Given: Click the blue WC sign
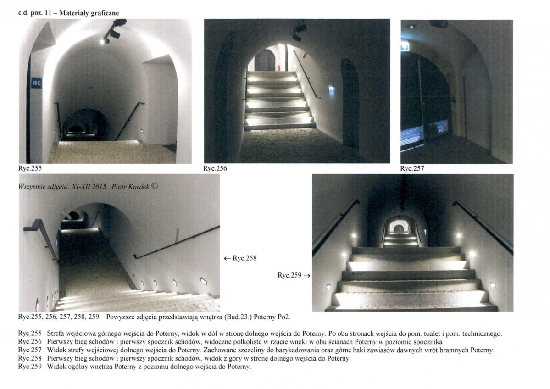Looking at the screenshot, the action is pos(37,83).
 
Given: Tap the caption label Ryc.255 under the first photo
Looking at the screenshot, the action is pos(30,168).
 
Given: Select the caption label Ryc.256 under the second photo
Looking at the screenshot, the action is pos(215,168).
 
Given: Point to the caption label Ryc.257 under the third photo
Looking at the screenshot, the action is pos(412,168).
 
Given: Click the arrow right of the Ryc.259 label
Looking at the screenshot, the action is pos(307,276).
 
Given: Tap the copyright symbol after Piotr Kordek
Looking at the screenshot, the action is pos(155,187).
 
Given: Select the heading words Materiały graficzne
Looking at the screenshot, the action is pos(89,13).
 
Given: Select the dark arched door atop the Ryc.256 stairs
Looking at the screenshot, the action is pos(265,61).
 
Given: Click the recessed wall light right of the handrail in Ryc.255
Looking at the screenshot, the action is pos(143,131).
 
